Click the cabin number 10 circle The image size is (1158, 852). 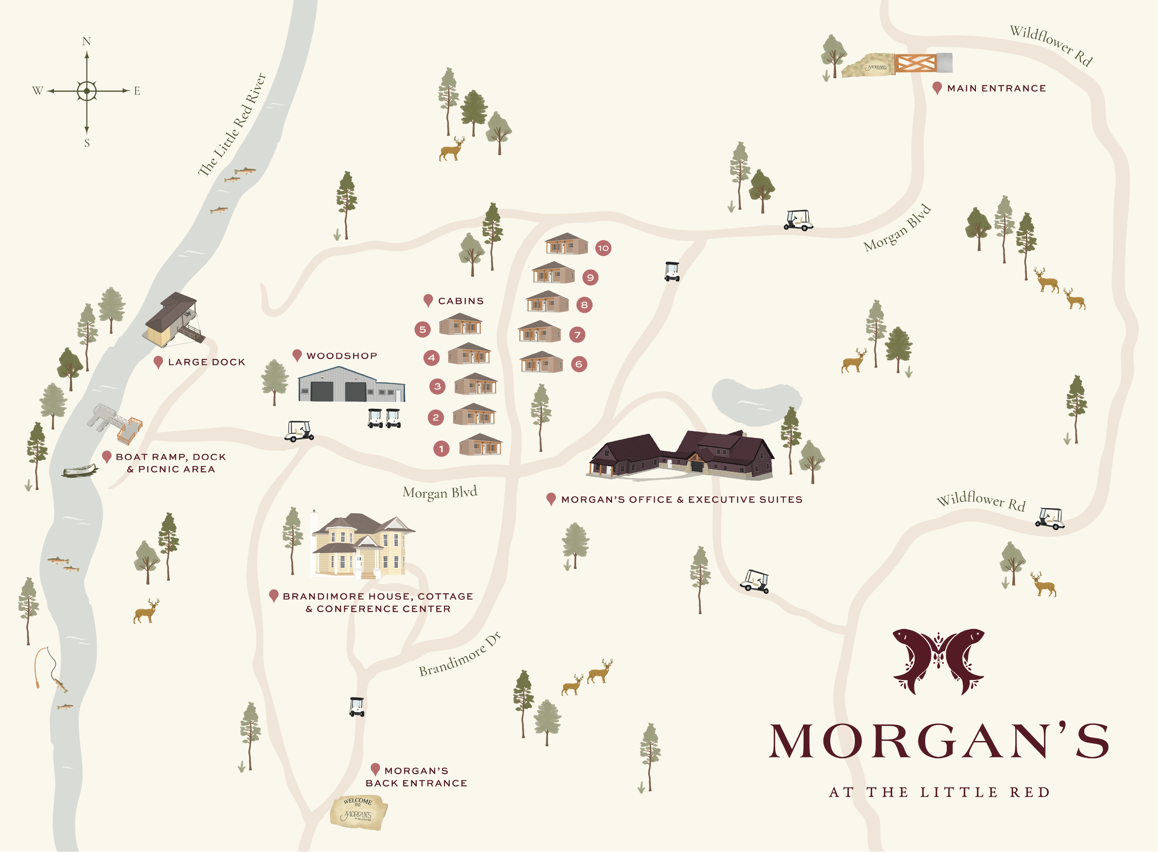pos(603,248)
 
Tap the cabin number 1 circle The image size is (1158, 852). pos(441,449)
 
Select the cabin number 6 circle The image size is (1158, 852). pos(579,364)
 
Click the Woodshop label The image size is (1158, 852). pos(341,356)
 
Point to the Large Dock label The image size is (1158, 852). pos(206,362)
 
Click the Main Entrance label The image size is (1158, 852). pos(996,88)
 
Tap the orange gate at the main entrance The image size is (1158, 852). pos(916,63)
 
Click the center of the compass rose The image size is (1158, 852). pos(87,91)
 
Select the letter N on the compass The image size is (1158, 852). pos(87,41)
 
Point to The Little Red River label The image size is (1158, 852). pos(232,125)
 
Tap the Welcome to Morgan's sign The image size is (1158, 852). pos(359,812)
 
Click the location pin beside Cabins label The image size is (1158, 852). pos(428,300)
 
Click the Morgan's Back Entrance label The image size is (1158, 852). pos(416,777)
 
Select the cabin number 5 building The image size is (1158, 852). pos(460,325)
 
